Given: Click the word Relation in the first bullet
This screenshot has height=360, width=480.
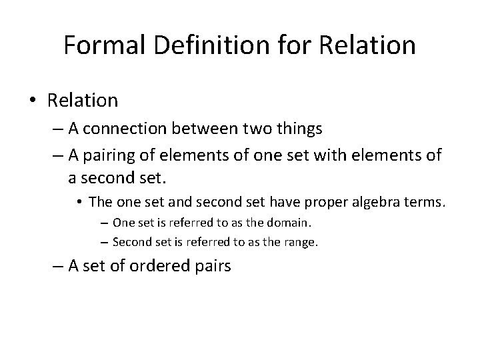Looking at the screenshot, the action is [x=83, y=101].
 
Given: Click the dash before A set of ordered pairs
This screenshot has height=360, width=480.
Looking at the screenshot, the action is [x=56, y=266].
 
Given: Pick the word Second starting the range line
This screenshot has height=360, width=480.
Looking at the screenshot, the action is [x=130, y=243].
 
